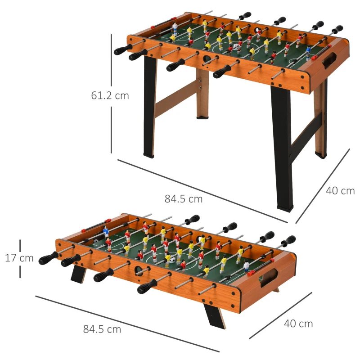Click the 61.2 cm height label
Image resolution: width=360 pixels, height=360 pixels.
click(x=110, y=95)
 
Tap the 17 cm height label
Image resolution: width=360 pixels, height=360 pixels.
click(x=19, y=258)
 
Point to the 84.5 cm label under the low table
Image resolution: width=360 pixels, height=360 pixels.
click(x=102, y=329)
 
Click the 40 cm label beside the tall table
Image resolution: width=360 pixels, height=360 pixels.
click(x=340, y=191)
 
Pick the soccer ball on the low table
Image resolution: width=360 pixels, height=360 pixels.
click(x=169, y=258)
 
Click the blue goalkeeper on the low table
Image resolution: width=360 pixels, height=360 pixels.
click(x=106, y=232)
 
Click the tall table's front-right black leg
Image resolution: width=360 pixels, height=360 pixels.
click(x=282, y=148)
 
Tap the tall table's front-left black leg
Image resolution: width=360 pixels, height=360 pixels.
click(x=150, y=108)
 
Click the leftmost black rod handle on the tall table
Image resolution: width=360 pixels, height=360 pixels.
click(x=122, y=49)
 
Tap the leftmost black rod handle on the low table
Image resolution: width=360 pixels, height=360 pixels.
click(x=48, y=258)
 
